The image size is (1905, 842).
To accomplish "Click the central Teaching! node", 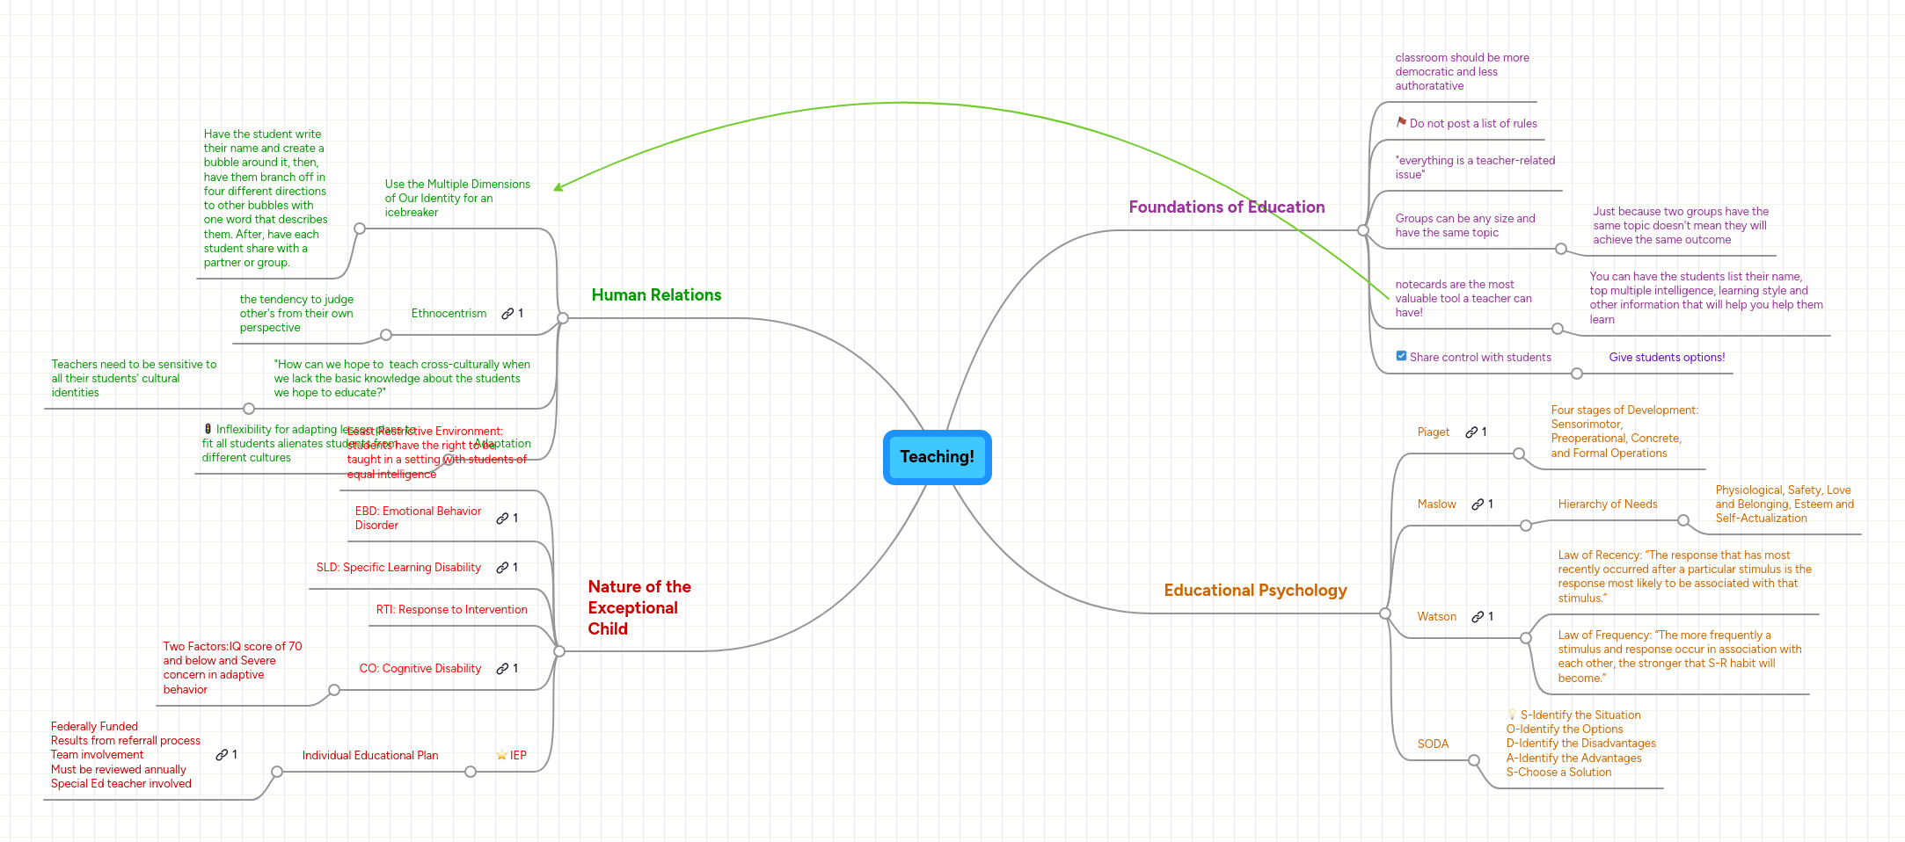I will point(937,457).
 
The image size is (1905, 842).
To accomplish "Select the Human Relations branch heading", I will point(656,295).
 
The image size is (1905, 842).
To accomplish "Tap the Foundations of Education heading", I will point(1226,207).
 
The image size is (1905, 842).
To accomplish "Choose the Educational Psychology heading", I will point(1255,591).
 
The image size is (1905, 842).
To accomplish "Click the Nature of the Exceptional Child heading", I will point(639,607).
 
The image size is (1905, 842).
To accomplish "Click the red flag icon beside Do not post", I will point(1401,122).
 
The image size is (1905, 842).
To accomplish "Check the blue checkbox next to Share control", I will point(1401,356).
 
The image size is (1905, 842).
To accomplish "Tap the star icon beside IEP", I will point(501,755).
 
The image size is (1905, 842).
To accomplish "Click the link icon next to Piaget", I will point(1471,432).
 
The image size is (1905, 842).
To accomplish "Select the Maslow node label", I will point(1436,504).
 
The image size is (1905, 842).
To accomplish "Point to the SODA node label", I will point(1433,744).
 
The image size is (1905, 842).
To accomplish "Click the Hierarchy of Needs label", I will point(1607,504).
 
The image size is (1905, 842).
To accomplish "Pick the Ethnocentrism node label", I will point(449,314).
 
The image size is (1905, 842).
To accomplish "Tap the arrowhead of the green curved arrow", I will point(558,187).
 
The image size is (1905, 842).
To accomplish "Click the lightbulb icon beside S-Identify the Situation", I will point(1512,715).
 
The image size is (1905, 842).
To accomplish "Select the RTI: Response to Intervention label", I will point(451,610).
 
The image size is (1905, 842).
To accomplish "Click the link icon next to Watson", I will point(1478,617).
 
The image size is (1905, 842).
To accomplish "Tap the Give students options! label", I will point(1667,358).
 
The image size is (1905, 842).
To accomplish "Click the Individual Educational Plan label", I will point(369,756).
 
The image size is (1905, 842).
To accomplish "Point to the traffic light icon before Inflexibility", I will point(208,429).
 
